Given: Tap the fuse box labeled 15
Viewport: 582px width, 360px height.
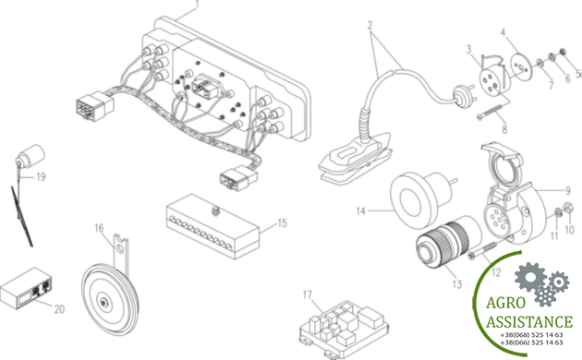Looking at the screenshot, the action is [x=212, y=227].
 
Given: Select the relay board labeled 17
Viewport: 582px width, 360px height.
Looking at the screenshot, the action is [x=344, y=327].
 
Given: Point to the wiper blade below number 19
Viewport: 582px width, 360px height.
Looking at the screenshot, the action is [x=22, y=216].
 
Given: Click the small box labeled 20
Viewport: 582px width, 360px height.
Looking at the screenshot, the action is [x=26, y=288].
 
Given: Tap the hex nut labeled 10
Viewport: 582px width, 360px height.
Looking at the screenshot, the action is [x=567, y=209].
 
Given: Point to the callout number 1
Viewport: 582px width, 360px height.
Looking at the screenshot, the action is [x=197, y=4].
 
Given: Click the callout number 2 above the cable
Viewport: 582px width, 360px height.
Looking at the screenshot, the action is [x=370, y=26].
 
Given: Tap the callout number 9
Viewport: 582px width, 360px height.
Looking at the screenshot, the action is [x=567, y=191].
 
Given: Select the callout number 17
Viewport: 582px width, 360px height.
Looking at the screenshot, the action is [x=308, y=295].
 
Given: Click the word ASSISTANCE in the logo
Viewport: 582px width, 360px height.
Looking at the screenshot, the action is [x=529, y=321].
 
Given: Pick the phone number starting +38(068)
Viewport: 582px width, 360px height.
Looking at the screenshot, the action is [x=531, y=335].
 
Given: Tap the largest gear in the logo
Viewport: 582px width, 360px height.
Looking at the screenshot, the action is [x=530, y=277].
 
